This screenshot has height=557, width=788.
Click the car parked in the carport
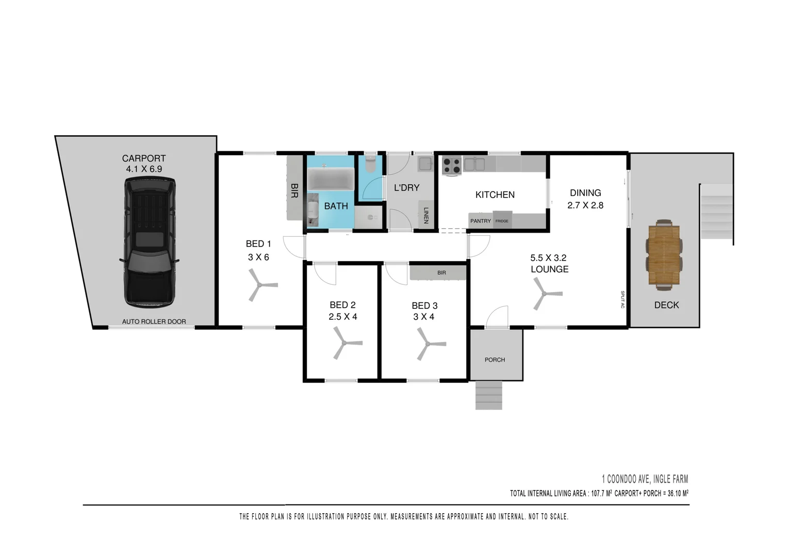[150, 241]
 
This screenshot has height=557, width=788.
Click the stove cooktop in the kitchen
[452, 166]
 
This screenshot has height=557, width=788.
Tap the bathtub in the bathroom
[331, 179]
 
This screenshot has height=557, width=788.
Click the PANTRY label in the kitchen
[480, 221]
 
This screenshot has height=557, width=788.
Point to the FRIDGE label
[502, 221]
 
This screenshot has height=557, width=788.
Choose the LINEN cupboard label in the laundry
[426, 216]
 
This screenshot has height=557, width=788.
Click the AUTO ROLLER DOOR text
[154, 321]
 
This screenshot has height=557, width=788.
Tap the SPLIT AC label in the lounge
[622, 300]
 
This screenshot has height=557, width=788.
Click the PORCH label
[495, 359]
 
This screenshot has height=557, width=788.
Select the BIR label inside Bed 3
[441, 272]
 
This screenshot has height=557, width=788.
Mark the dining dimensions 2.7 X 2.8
[585, 205]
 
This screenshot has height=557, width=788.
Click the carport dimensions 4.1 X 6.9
[144, 169]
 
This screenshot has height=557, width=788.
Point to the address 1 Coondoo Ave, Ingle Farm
[645, 479]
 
